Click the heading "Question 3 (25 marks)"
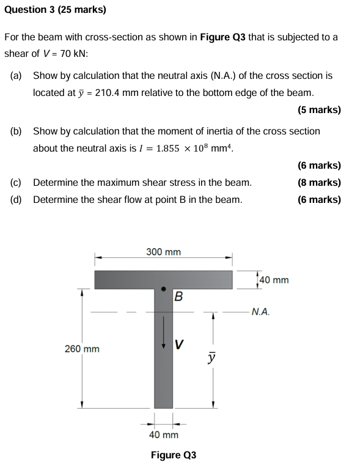point(55,10)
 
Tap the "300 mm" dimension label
point(163,252)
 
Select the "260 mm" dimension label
point(82,349)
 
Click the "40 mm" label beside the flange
point(274,280)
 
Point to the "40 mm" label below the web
point(164,435)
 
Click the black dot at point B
point(163,288)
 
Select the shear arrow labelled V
point(163,334)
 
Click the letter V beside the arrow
point(179,344)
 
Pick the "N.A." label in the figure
point(260,312)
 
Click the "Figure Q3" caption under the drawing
point(174,455)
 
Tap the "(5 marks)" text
point(319,110)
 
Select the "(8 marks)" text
point(319,182)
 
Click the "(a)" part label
point(17,76)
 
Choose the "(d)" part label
point(17,199)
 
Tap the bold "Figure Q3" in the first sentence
point(222,37)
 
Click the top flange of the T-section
point(122,280)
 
